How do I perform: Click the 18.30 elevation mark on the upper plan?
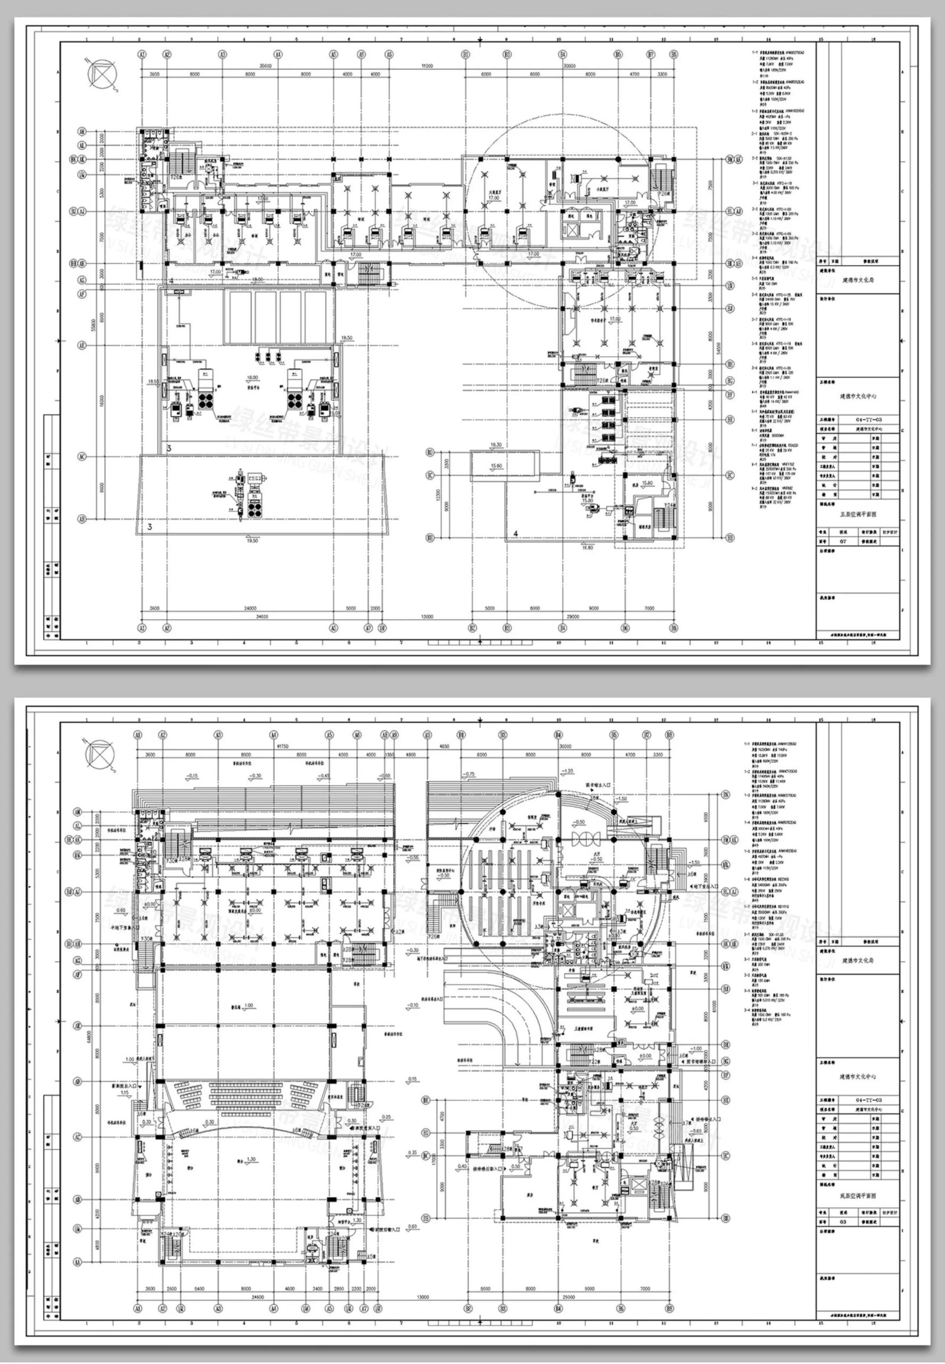496,444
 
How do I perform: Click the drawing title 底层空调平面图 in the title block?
857,1196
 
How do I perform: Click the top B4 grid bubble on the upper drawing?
561,54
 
